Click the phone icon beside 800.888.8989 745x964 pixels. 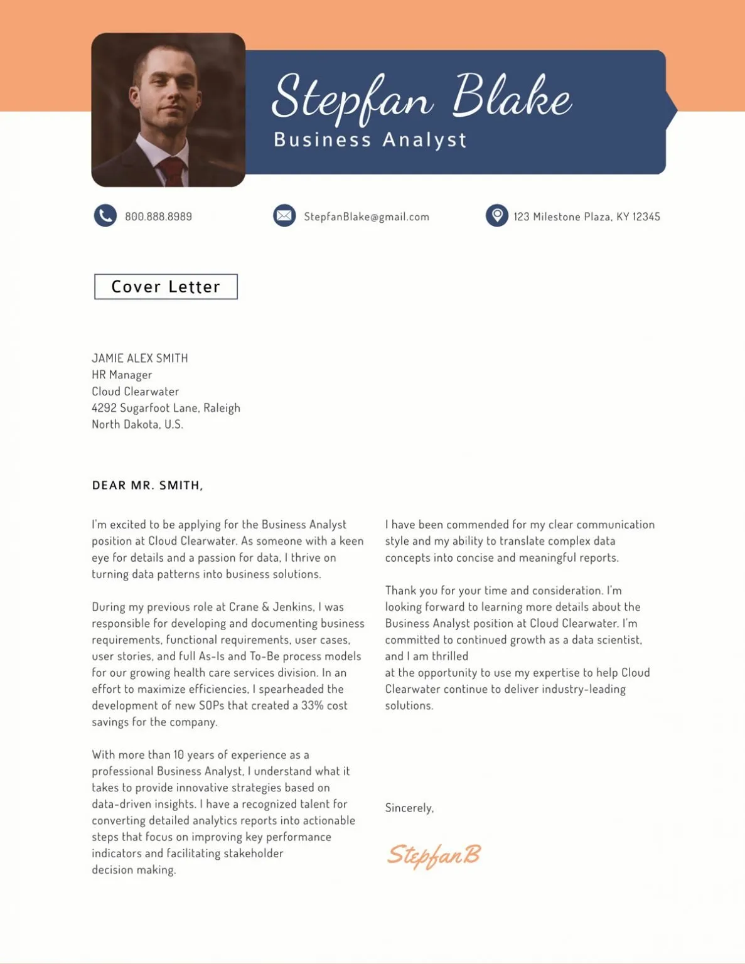pos(105,216)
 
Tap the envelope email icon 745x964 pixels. pos(284,216)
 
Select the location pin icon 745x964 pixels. pos(496,215)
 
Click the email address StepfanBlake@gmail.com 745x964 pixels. pos(367,217)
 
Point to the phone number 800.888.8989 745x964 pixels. pos(158,217)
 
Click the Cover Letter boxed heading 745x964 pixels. pos(166,287)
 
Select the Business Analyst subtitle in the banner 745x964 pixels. pos(370,139)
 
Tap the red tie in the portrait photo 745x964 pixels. pos(171,170)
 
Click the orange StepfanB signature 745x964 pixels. pos(433,855)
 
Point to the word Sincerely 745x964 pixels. pos(409,808)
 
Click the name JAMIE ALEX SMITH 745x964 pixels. pos(140,358)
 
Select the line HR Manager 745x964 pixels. pos(122,375)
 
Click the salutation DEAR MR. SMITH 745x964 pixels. pos(147,485)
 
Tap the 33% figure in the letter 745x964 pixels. pos(312,705)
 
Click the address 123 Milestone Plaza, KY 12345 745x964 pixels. pos(586,217)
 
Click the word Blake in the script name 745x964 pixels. pos(511,97)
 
